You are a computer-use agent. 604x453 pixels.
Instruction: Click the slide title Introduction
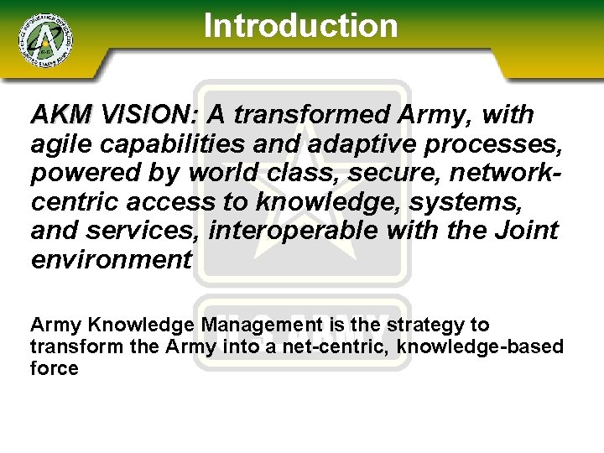point(300,25)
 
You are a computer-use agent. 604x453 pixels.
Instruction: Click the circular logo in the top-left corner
point(44,39)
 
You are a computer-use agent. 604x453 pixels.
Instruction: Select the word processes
point(494,143)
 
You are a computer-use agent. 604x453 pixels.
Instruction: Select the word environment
point(112,259)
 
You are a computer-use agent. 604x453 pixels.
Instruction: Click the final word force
point(54,368)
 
